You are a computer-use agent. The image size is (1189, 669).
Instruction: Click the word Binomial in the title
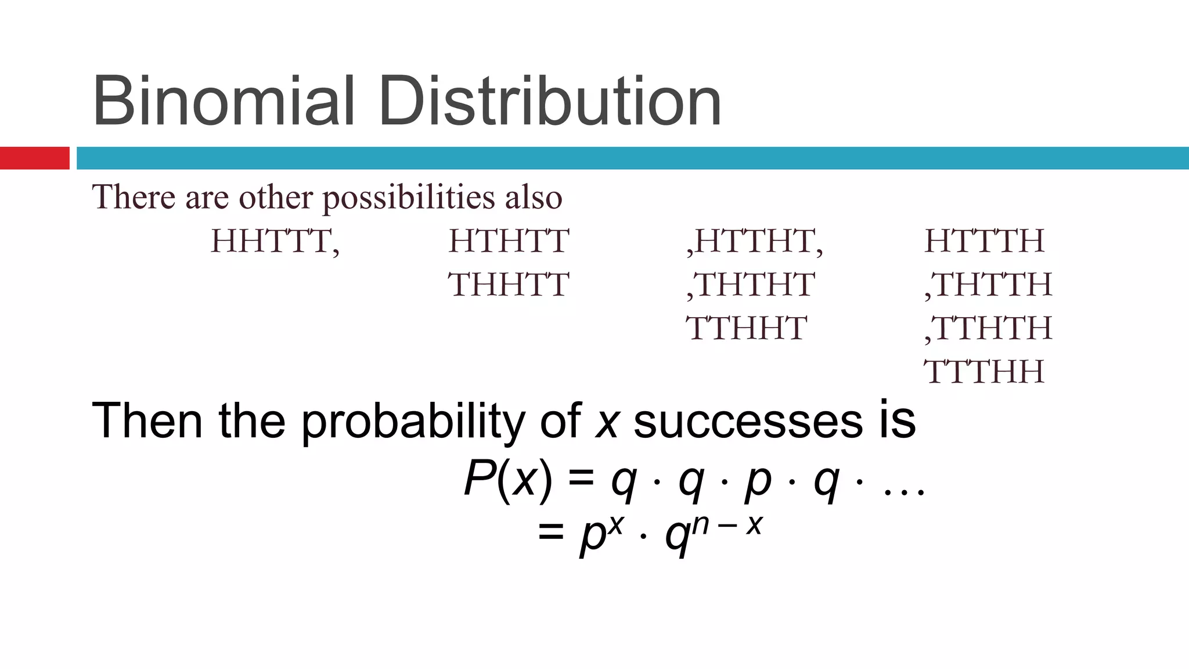coord(223,101)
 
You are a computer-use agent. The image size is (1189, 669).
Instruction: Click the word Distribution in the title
coord(550,101)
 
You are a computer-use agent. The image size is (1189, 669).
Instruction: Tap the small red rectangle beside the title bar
coord(34,158)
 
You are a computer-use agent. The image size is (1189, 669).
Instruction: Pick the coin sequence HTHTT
coord(509,241)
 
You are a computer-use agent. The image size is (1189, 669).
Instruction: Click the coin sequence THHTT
coord(509,285)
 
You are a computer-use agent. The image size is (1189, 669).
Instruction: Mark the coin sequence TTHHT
coord(747,328)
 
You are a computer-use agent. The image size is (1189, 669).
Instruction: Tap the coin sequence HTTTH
coord(985,241)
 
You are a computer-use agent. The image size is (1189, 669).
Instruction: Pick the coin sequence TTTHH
coord(985,372)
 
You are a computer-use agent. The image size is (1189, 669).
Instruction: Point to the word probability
coord(412,421)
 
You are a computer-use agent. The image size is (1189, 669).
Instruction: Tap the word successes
coord(748,421)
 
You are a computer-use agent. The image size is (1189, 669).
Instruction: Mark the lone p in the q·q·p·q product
coord(758,482)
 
